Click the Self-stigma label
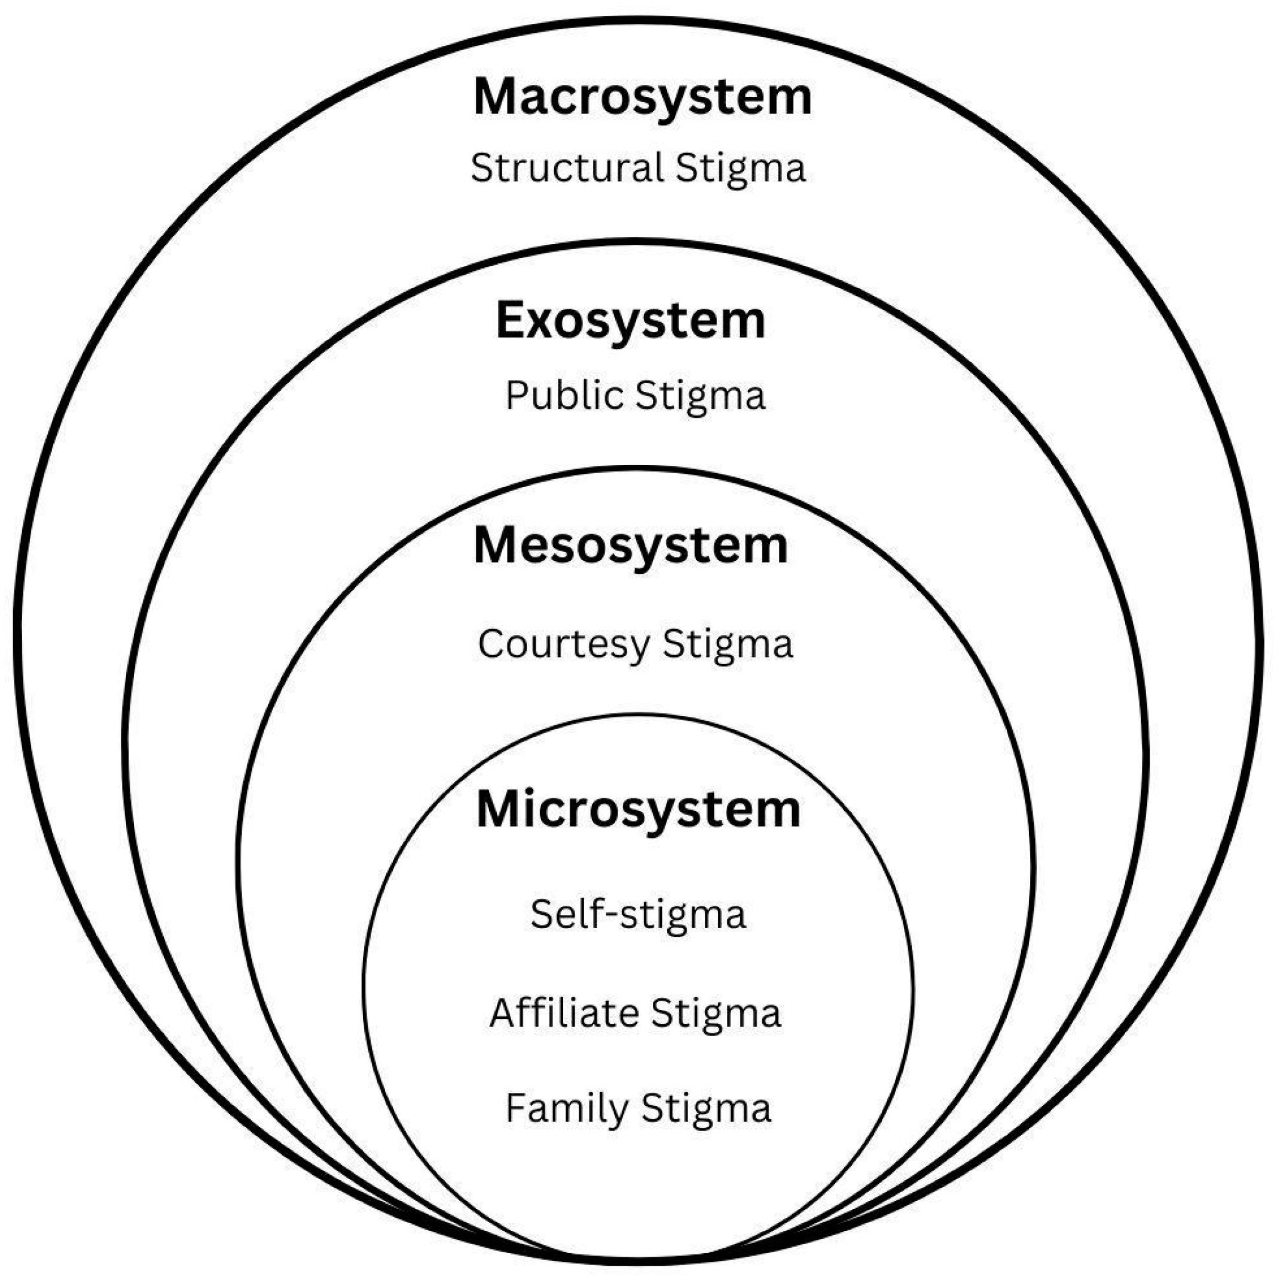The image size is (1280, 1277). click(638, 914)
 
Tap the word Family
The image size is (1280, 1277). click(566, 1108)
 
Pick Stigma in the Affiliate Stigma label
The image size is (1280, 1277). click(716, 1013)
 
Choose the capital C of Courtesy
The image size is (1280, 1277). click(491, 643)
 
